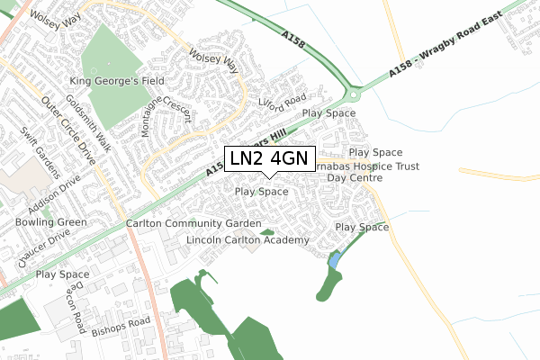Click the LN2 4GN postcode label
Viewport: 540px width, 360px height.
point(267,159)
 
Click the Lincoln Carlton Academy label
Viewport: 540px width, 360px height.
point(247,240)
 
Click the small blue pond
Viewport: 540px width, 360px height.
point(335,261)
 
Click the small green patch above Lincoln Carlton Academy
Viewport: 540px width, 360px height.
point(266,232)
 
